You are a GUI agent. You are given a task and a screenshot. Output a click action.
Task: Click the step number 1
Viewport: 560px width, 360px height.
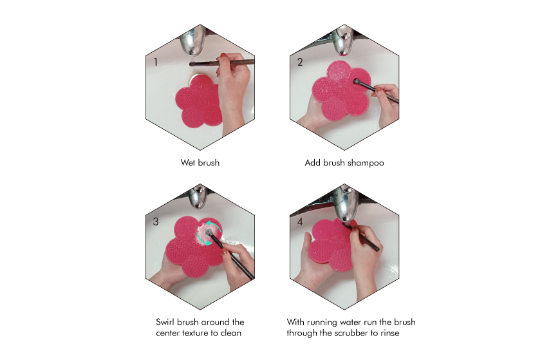(x=155, y=62)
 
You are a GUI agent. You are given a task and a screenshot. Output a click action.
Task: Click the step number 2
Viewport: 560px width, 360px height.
(x=300, y=62)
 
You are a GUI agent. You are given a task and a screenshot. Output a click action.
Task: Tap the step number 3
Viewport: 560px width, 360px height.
(x=156, y=222)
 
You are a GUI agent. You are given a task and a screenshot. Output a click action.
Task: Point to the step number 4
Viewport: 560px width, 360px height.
(x=300, y=222)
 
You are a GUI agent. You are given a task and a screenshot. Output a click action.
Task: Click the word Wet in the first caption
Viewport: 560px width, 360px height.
(x=187, y=163)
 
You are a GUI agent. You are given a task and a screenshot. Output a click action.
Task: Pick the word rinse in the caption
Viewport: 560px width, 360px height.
(x=389, y=333)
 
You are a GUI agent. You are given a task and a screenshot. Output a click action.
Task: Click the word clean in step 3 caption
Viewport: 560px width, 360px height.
(x=230, y=333)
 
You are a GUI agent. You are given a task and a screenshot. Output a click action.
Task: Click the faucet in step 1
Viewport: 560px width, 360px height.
(x=193, y=41)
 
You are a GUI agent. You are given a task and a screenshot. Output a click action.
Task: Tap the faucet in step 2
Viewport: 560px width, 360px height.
(x=343, y=41)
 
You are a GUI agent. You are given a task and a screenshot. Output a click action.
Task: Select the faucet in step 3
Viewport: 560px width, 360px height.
(x=198, y=197)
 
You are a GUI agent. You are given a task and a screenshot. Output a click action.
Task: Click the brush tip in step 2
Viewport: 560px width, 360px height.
(x=356, y=82)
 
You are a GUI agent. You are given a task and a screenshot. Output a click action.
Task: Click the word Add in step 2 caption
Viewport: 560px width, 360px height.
(x=312, y=163)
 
